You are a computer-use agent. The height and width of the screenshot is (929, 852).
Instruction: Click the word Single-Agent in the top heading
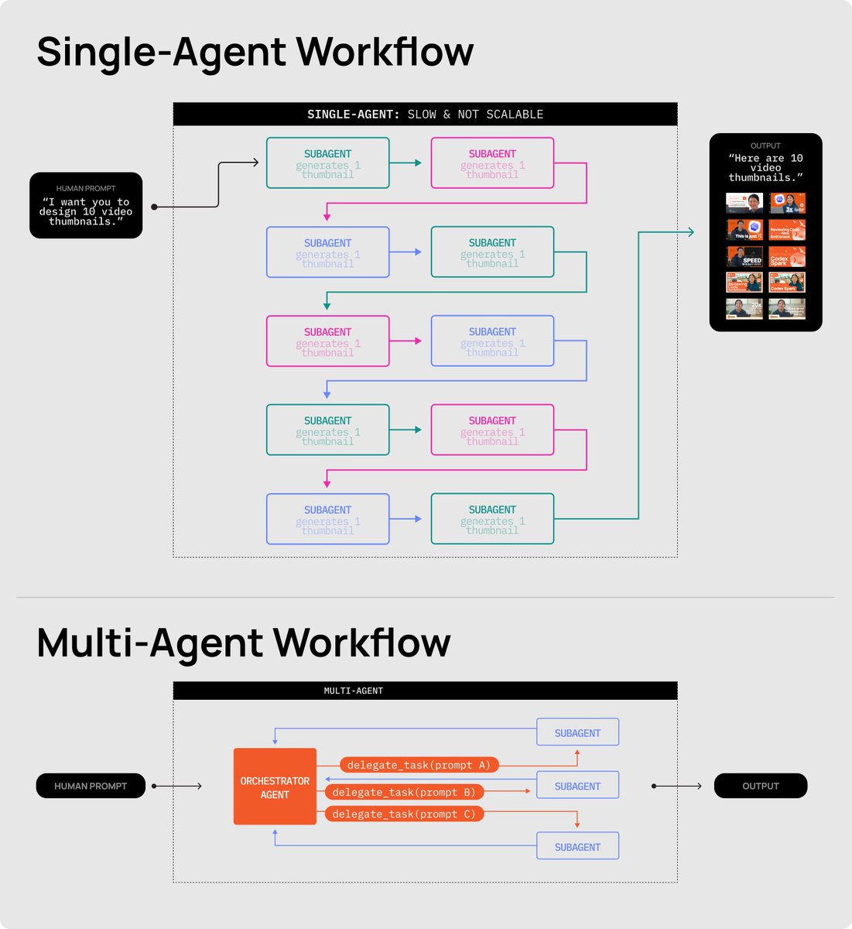pos(162,53)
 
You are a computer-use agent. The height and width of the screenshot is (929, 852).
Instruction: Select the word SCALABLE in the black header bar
pos(515,115)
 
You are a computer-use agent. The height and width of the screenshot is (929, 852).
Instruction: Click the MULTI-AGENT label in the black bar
pos(354,691)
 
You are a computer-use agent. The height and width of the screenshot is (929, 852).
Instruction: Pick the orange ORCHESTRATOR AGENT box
pos(275,787)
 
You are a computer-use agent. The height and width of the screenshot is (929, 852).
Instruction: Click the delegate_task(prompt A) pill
pos(419,765)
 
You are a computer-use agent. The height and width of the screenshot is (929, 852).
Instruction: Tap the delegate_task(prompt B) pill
pos(404,792)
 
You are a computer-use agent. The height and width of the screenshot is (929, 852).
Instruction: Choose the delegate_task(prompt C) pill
pos(404,814)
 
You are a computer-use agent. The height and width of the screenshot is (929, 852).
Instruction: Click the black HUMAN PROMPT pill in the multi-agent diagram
pos(91,786)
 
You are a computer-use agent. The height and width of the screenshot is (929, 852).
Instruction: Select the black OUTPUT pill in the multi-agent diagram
pos(760,786)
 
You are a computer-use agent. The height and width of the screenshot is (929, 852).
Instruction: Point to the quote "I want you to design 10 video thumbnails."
pos(86,211)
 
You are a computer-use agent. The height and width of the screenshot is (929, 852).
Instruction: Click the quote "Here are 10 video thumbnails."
pos(765,167)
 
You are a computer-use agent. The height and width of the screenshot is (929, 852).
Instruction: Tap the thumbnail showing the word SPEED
pos(744,256)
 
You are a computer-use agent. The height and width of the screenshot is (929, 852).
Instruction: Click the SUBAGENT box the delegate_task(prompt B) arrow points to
pos(577,786)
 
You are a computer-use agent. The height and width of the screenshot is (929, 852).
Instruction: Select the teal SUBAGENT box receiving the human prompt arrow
pos(327,163)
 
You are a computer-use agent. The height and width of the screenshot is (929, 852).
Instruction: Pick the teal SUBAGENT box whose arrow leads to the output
pos(492,519)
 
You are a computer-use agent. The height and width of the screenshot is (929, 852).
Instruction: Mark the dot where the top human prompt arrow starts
pos(155,207)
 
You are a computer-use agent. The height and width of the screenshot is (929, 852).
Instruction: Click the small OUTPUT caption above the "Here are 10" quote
pos(765,146)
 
